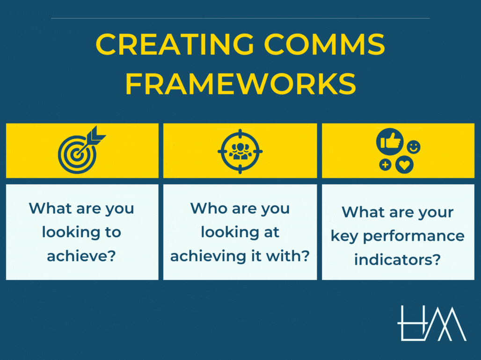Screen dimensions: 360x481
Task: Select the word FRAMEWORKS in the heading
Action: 240,84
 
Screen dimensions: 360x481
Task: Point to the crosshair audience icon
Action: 240,151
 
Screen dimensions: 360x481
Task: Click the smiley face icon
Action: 414,147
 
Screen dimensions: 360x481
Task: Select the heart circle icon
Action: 404,165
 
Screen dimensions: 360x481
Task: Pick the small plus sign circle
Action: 385,165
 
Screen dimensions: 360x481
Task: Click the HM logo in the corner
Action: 431,323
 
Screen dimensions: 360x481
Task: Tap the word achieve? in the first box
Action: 81,256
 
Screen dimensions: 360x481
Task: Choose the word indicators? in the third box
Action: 397,260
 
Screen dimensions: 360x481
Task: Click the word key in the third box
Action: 345,236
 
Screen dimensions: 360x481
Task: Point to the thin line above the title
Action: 240,19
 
